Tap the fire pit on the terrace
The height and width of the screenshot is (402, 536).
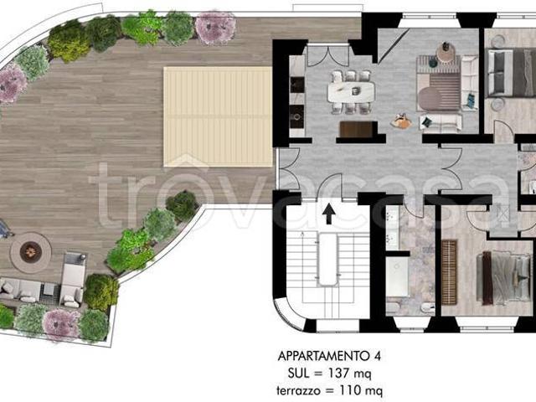pyautogui.click(x=30, y=252)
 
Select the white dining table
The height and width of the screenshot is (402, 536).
pyautogui.click(x=351, y=91)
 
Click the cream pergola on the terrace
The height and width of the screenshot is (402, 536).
pyautogui.click(x=218, y=116)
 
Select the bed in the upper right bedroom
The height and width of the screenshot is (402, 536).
pyautogui.click(x=512, y=73)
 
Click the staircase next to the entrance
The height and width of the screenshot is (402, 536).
pyautogui.click(x=327, y=263)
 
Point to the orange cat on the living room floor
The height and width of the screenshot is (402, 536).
pyautogui.click(x=401, y=121)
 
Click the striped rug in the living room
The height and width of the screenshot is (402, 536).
pyautogui.click(x=445, y=90)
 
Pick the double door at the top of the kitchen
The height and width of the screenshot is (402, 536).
pyautogui.click(x=328, y=55)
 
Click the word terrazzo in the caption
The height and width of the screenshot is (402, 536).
pyautogui.click(x=299, y=390)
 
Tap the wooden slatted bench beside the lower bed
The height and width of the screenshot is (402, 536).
pyautogui.click(x=449, y=272)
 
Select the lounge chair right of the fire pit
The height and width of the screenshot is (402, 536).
pyautogui.click(x=73, y=279)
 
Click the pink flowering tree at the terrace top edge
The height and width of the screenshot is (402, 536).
pyautogui.click(x=215, y=28)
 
